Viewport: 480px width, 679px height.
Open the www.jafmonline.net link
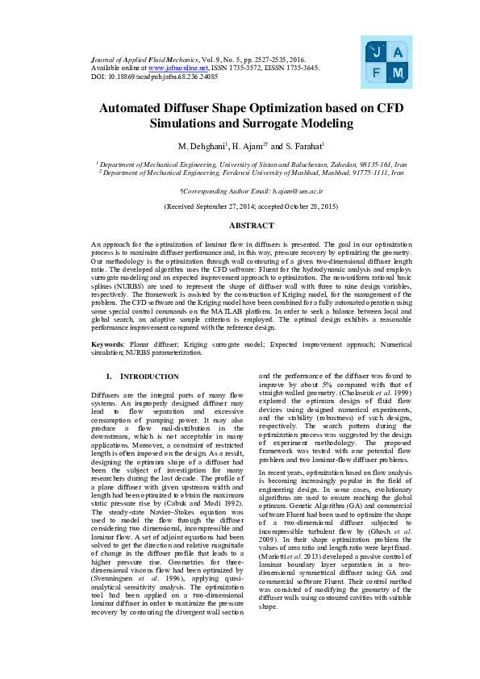point(175,69)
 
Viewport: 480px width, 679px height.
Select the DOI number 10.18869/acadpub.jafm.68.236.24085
point(148,77)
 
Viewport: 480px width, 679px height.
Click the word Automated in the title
point(138,108)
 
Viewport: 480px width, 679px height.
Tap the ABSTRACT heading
point(240,225)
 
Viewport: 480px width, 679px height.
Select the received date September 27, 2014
point(218,206)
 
